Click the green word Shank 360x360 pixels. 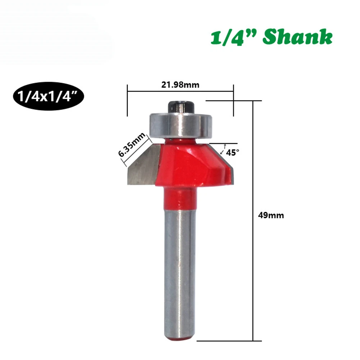tap(297, 37)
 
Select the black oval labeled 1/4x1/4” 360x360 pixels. tap(49, 96)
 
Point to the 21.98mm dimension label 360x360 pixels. tap(180, 85)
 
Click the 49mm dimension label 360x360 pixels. tap(271, 215)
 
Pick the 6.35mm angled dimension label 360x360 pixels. tap(132, 145)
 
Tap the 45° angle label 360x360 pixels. tap(233, 153)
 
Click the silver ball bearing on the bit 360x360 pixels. tap(181, 126)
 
